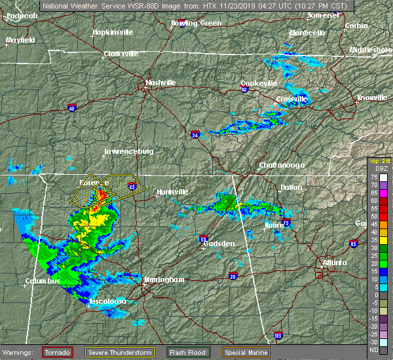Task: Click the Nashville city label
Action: [161, 83]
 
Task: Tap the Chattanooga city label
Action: [282, 165]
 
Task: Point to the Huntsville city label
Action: [172, 192]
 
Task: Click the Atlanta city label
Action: [335, 263]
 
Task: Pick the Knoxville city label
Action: [371, 98]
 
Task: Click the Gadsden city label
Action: [219, 243]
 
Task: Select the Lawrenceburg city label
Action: [128, 152]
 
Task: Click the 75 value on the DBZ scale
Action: [383, 177]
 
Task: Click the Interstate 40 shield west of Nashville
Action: [71, 106]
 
